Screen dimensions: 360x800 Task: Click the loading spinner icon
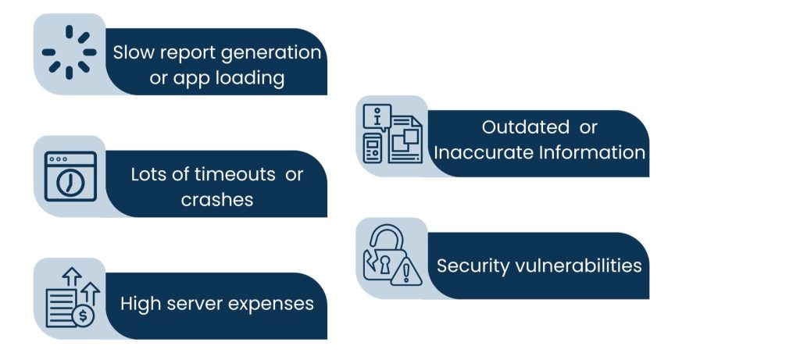tap(69, 52)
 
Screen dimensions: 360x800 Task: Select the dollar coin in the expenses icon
tap(82, 316)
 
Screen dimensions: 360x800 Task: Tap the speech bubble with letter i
tap(379, 119)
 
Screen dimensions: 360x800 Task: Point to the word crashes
tap(217, 199)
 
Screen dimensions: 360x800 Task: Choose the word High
tap(140, 303)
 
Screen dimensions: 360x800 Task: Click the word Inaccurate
tap(483, 151)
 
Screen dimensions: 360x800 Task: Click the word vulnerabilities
tap(579, 266)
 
